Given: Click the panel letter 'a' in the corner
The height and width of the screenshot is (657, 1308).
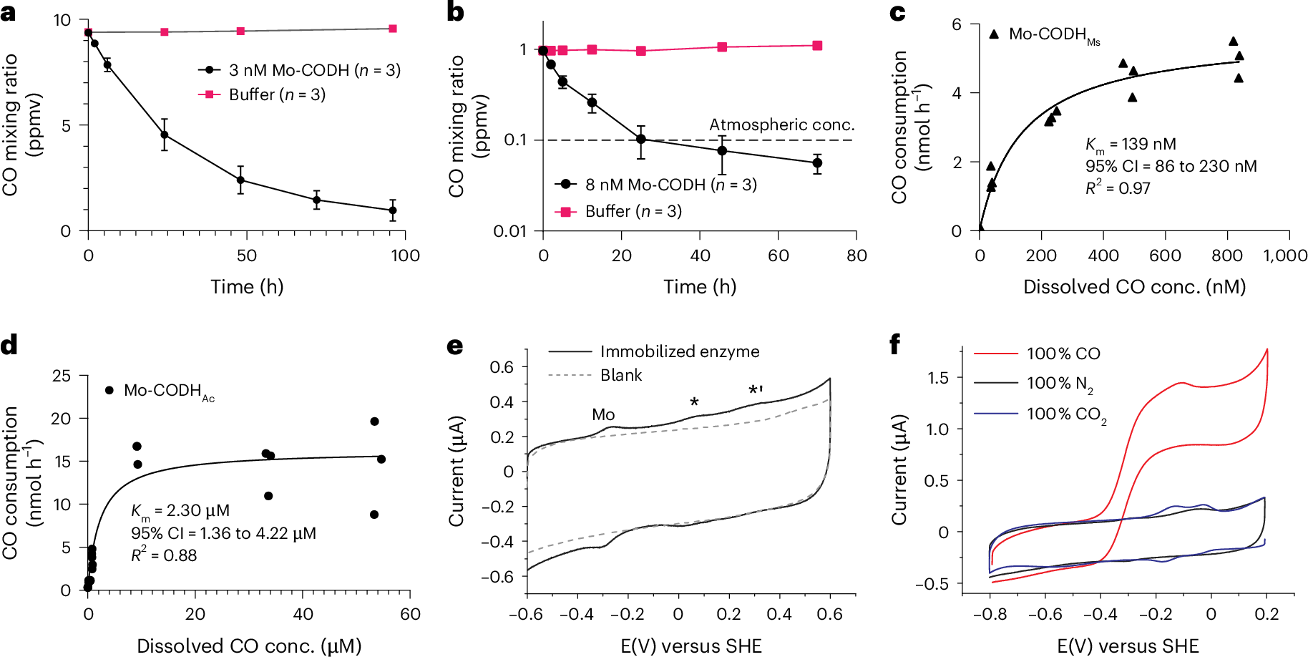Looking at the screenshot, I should coord(9,12).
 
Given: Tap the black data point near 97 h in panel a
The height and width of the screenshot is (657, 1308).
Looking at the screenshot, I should coord(393,210).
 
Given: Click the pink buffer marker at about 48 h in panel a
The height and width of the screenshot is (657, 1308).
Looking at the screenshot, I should coord(240,31).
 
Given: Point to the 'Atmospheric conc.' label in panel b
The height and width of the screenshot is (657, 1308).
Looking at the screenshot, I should coord(781,125).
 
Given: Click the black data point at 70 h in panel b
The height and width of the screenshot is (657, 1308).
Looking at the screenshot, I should coord(817,163).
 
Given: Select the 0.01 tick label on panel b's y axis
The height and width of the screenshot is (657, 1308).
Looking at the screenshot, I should coord(509,231).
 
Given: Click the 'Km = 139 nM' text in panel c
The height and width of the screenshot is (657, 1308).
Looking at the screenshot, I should coord(1131,145).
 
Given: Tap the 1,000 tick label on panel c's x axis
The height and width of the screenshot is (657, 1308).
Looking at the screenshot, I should coord(1285,255).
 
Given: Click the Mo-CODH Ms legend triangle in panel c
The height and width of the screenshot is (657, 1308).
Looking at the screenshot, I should coord(994,34).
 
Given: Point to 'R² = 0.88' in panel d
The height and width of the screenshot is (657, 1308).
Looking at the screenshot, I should coord(164,555).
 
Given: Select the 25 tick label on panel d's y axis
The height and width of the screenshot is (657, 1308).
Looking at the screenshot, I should coord(62,376).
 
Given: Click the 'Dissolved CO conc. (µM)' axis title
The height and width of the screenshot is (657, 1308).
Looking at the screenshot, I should coord(248,646).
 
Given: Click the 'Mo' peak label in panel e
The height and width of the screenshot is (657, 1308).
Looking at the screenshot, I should coord(603,414).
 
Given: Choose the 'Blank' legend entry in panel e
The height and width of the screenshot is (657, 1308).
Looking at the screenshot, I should coord(620,375).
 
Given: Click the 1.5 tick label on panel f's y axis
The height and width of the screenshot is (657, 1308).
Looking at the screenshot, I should coord(938,378).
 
